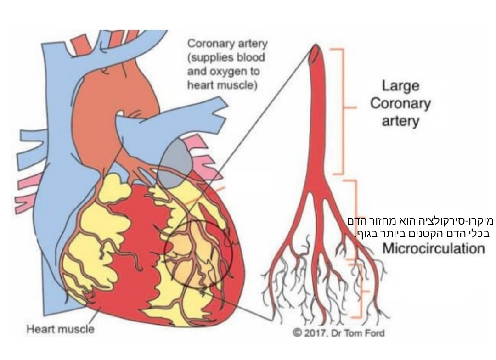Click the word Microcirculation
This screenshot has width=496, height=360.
tap(434, 249)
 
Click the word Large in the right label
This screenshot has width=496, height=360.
tap(400, 86)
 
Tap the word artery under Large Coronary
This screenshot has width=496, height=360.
tap(400, 122)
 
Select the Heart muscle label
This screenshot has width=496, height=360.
tap(60, 329)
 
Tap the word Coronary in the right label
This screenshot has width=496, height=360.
tap(400, 104)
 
